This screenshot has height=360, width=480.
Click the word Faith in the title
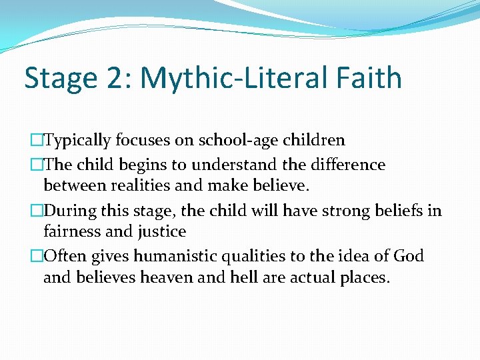point(369,78)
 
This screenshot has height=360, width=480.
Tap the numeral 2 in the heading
point(117,78)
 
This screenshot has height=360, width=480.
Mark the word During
point(71,211)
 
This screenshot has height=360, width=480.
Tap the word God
point(409,255)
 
